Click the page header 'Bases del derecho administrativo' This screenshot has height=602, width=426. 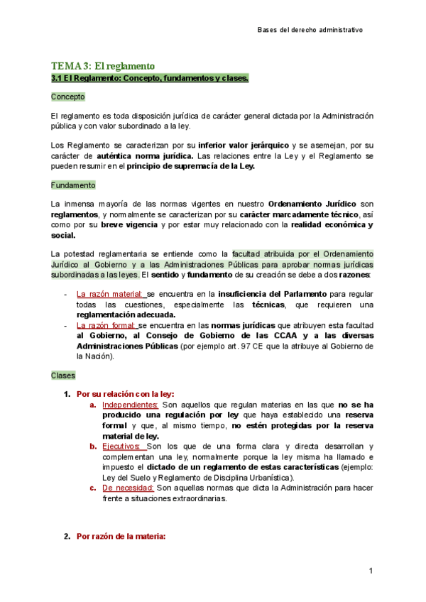310,30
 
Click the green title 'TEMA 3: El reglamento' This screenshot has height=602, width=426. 102,66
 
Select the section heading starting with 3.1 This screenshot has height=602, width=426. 150,78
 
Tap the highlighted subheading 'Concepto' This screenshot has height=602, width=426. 68,96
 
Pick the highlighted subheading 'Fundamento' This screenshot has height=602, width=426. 73,185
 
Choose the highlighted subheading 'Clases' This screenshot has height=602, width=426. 63,375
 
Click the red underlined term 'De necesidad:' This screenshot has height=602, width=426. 127,488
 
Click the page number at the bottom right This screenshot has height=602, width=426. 371,571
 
